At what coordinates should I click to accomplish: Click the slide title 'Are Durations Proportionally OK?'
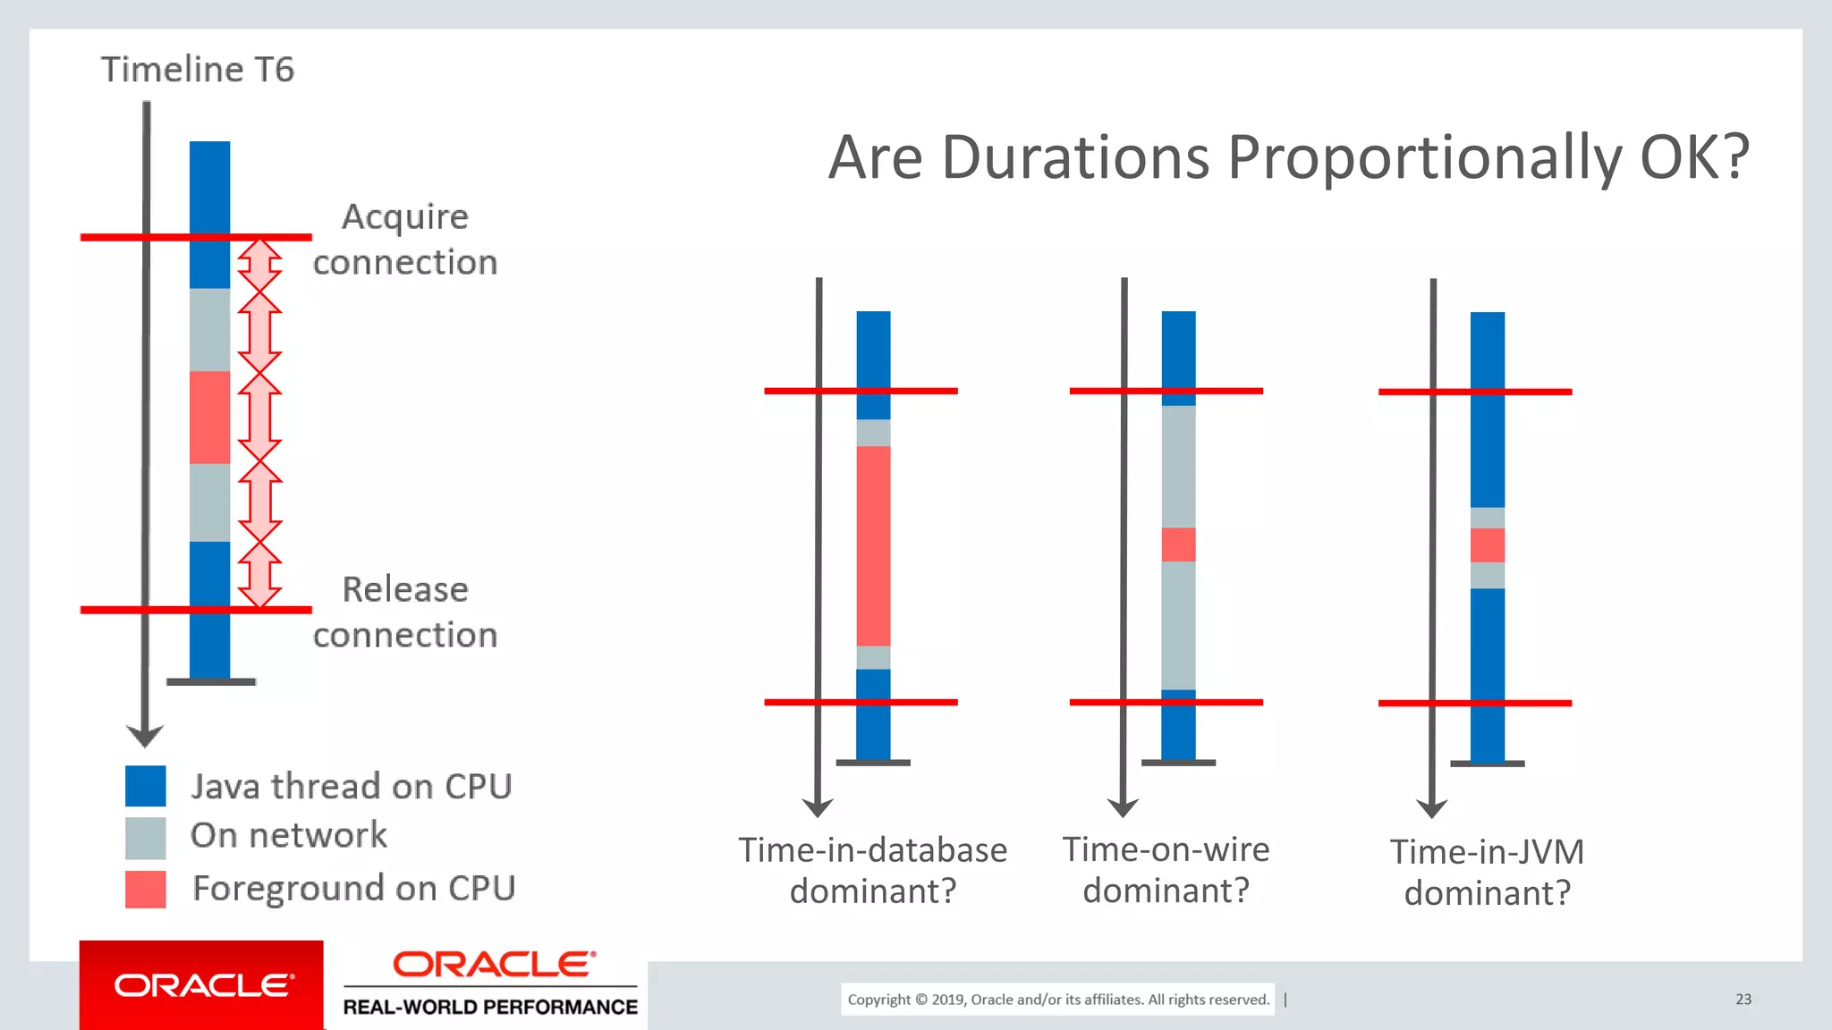click(1288, 157)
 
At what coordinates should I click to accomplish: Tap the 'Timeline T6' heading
click(197, 70)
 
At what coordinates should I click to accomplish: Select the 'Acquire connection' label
click(405, 240)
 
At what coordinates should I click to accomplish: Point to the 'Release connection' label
click(405, 612)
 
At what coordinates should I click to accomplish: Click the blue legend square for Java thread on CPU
click(145, 786)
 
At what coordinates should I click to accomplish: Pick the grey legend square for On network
click(145, 838)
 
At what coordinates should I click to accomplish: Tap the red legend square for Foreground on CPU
click(145, 890)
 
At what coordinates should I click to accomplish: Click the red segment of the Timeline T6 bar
click(209, 417)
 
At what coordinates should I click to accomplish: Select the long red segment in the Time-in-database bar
click(873, 545)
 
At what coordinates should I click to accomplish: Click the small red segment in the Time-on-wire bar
click(1178, 545)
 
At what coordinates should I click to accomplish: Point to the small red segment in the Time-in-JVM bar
click(1487, 545)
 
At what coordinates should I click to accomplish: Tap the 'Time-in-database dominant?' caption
click(873, 870)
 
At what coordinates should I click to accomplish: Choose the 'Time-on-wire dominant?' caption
click(1166, 869)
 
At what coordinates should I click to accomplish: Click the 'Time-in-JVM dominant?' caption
click(1487, 872)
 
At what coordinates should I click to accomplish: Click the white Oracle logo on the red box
click(202, 985)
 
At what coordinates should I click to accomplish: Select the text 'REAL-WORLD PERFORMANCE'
click(490, 1007)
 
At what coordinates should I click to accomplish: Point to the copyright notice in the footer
click(1058, 1000)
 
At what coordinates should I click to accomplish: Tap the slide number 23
click(1743, 1000)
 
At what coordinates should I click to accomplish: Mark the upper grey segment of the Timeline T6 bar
click(209, 329)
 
